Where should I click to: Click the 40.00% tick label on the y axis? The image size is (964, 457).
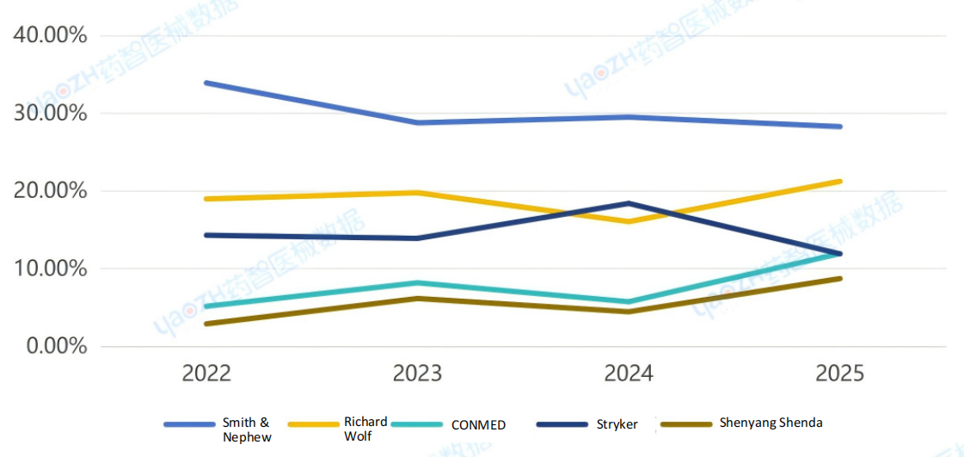click(50, 36)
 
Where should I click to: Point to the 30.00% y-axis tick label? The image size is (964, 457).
click(50, 114)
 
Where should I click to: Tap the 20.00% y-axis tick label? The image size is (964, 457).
click(50, 191)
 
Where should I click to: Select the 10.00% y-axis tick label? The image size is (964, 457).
click(50, 269)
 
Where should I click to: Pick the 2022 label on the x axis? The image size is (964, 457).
click(206, 374)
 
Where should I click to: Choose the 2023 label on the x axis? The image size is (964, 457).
click(417, 374)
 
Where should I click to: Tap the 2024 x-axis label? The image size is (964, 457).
click(629, 374)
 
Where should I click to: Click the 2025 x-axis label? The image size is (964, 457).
click(839, 374)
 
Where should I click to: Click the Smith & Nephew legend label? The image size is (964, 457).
click(247, 429)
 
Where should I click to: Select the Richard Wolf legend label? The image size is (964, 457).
click(365, 429)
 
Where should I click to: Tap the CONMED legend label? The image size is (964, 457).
click(478, 424)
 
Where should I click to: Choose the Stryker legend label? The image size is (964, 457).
click(617, 424)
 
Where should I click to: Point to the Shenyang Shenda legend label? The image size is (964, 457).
click(771, 423)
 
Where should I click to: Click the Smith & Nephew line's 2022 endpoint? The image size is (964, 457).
click(207, 83)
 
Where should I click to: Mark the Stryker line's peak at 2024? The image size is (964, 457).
click(629, 203)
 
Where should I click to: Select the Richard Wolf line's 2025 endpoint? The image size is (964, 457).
click(839, 182)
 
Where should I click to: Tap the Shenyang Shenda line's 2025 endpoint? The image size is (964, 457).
click(839, 279)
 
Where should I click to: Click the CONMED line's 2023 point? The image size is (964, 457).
click(418, 283)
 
